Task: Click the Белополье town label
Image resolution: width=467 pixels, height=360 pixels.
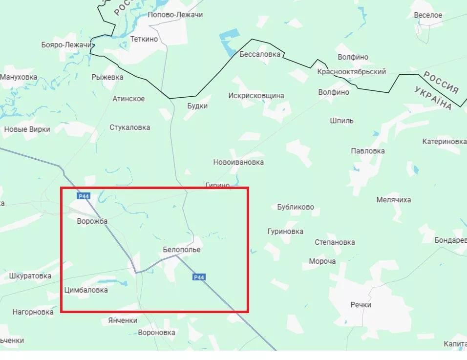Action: click(x=182, y=250)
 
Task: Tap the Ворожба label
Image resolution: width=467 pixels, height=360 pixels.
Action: click(x=92, y=221)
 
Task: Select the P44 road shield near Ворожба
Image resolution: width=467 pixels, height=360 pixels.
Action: click(x=84, y=196)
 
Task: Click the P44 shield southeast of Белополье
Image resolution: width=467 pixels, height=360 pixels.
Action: click(x=199, y=277)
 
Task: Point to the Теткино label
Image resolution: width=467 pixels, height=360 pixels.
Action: click(x=144, y=39)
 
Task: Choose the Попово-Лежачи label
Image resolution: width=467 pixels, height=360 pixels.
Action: click(x=175, y=15)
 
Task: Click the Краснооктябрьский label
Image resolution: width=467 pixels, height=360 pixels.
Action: click(x=352, y=72)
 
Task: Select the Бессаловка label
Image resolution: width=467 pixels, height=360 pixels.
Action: click(x=260, y=54)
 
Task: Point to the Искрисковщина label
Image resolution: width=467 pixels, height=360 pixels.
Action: click(x=256, y=96)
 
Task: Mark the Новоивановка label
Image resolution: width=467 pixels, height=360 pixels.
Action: click(x=238, y=162)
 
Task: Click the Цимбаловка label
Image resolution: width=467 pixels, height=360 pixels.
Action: click(x=86, y=290)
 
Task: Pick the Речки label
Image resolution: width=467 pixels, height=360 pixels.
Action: click(x=361, y=305)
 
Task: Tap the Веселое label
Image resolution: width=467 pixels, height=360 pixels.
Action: click(x=428, y=15)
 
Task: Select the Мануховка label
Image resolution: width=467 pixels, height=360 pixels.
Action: click(x=19, y=77)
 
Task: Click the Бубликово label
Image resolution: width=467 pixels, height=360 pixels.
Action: click(x=296, y=207)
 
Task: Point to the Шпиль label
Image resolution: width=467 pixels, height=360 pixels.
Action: click(x=342, y=121)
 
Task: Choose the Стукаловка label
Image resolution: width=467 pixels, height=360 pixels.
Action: click(x=130, y=127)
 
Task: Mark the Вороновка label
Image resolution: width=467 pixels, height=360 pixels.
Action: click(x=157, y=333)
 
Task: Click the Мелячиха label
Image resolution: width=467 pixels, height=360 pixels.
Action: click(x=394, y=200)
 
